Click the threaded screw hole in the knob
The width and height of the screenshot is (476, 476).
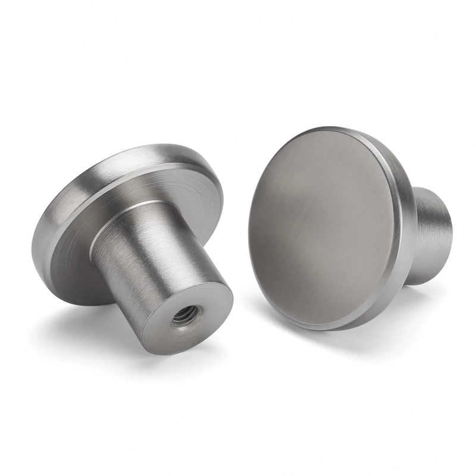pos(181,315)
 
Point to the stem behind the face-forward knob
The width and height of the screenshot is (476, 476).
pos(431,232)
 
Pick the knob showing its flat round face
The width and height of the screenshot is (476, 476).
pos(333,226)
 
